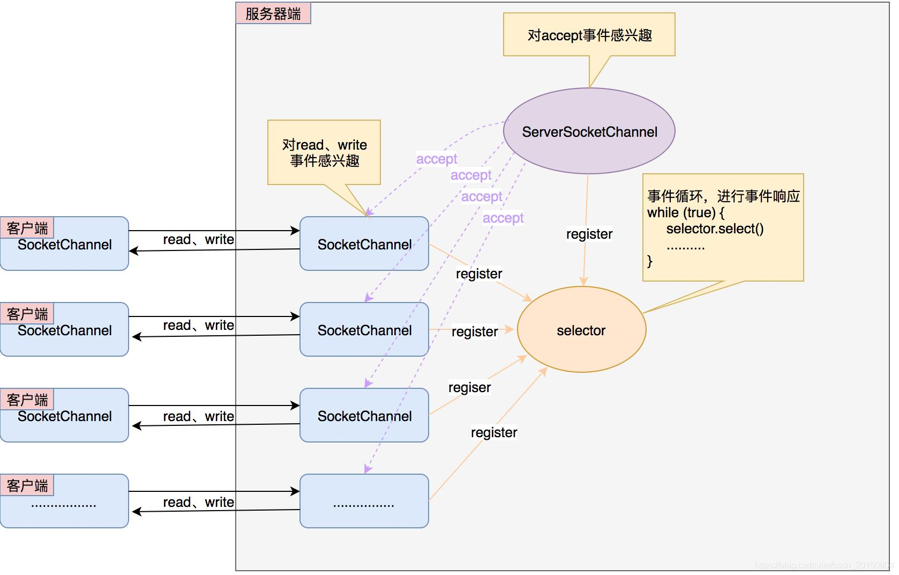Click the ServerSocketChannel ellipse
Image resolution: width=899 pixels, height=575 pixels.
pos(589,131)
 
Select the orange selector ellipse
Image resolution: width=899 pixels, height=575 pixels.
pos(581,330)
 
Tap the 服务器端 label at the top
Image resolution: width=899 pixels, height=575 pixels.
pos(273,13)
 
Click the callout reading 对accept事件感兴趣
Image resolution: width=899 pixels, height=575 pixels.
pos(589,35)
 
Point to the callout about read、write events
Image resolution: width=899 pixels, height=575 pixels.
pos(324,152)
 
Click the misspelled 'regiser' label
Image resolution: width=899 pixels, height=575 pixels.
pos(469,387)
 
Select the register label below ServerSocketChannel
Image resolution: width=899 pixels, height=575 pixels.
pos(589,234)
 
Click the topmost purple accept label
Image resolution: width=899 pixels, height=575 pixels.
pos(437,159)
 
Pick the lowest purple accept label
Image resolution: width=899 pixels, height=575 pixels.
pos(503,218)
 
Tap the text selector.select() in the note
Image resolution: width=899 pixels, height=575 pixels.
pos(715,228)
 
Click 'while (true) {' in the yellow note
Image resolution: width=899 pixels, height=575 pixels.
pos(685,212)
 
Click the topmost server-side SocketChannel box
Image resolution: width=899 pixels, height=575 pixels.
pos(364,244)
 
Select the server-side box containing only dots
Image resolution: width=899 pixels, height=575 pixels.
pos(364,502)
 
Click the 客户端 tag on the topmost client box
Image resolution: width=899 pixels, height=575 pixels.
pos(27,228)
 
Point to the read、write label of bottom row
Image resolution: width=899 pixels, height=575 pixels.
pos(198,502)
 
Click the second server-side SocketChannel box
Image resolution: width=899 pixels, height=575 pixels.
pos(364,330)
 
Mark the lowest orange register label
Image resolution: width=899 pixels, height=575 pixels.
pos(493,432)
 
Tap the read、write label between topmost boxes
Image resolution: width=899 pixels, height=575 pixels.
pos(198,239)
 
